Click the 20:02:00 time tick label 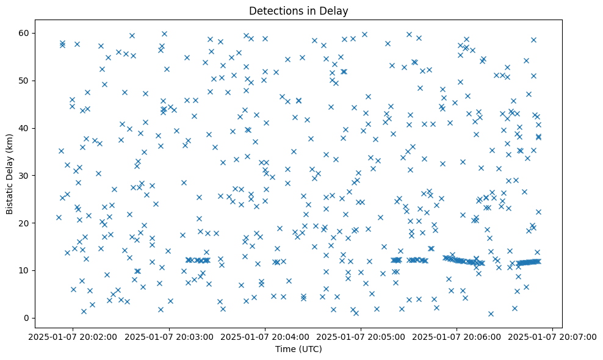[73, 336]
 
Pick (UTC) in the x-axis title [310, 349]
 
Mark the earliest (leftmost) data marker [59, 217]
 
